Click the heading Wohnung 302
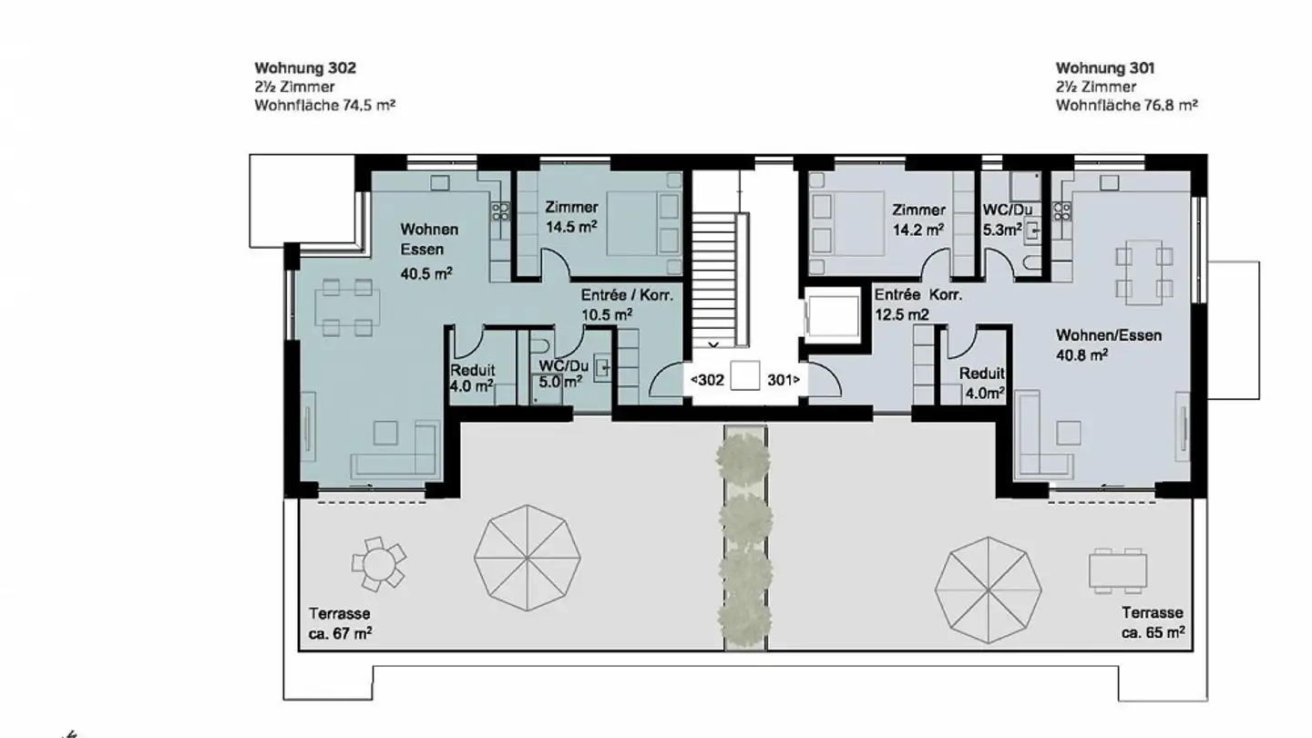tap(304, 68)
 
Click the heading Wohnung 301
tap(1105, 68)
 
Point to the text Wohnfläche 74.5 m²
tap(324, 106)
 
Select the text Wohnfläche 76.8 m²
tap(1126, 106)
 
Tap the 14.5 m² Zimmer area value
tap(571, 227)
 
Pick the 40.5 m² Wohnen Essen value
tap(427, 272)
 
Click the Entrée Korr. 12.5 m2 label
tap(917, 304)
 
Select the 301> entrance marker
tap(784, 380)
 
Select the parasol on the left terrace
tap(527, 558)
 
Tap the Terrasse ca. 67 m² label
tap(340, 624)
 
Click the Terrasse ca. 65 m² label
tap(1152, 622)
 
